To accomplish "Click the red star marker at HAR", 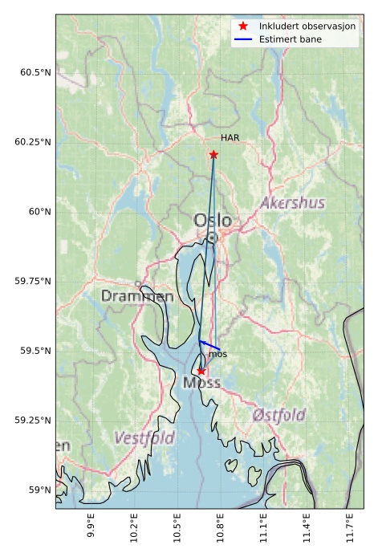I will pos(213,155).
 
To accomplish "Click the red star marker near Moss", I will pos(201,371).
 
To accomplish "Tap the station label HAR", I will pos(230,138).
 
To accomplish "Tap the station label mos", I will pos(217,354).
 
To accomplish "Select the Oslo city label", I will pos(212,220).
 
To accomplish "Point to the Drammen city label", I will pos(136,296).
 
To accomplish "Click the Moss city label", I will pos(201,384).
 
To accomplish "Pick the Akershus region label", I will pos(292,203).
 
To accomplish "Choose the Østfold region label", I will pos(278,415).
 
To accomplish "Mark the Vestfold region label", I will pos(144,438).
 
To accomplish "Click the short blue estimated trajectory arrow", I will pos(209,346).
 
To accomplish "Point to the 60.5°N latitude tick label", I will pos(35,72).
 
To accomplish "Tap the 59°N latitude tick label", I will pos(39,490).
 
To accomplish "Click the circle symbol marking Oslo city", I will pos(212,238).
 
